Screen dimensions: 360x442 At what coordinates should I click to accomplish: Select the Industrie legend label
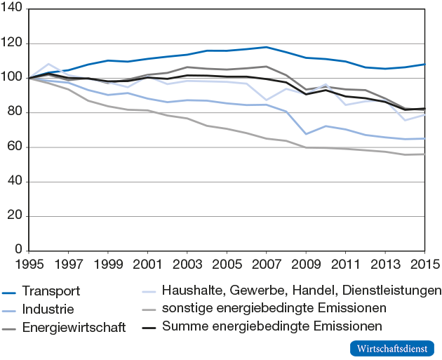click(48, 309)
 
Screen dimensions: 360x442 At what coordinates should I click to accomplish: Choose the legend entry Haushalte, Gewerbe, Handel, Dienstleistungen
click(300, 290)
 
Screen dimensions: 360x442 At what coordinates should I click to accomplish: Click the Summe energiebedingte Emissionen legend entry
click(272, 326)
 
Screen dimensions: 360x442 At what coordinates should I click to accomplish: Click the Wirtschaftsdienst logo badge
click(391, 349)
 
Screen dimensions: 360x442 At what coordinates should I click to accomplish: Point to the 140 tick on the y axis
click(13, 9)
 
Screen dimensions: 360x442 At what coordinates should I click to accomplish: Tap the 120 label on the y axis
click(13, 44)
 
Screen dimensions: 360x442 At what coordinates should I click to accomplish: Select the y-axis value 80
click(15, 112)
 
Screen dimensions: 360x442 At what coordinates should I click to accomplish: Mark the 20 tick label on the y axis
click(15, 217)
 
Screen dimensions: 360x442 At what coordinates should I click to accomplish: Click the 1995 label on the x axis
click(29, 265)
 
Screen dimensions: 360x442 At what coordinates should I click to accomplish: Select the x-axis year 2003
click(187, 265)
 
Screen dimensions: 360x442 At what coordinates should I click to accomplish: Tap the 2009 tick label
click(306, 265)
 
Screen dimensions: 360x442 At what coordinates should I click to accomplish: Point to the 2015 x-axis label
click(423, 265)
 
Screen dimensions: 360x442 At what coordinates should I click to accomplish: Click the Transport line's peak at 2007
click(266, 47)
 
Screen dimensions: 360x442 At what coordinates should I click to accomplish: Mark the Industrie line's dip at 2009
click(306, 133)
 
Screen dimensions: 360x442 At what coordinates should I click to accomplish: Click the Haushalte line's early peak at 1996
click(48, 64)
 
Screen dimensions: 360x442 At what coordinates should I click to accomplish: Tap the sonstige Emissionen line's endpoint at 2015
click(424, 154)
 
